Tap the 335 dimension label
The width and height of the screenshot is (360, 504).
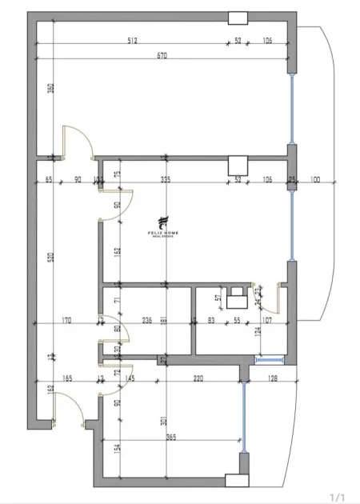[x=166, y=178]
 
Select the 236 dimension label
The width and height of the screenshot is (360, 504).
[x=146, y=321]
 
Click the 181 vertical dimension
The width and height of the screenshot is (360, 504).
[x=164, y=321]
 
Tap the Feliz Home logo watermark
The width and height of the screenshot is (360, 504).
[x=163, y=226]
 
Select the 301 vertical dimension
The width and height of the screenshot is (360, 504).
[x=164, y=422]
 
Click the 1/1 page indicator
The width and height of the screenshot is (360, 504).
[x=337, y=495]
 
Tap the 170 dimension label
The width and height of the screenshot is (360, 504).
[x=66, y=321]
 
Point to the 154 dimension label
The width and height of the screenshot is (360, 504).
[x=117, y=450]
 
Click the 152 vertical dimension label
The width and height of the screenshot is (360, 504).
[x=117, y=251]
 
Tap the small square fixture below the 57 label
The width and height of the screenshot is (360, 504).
[x=236, y=302]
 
